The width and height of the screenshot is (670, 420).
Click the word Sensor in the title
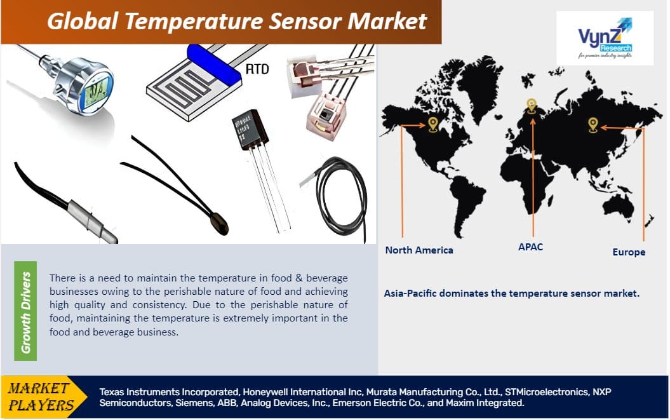[x=295, y=21]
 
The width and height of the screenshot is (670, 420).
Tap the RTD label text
[x=257, y=69]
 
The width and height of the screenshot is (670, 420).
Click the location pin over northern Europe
[x=531, y=105]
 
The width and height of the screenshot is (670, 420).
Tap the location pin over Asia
[x=593, y=124]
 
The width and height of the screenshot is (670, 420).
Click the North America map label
[x=419, y=250]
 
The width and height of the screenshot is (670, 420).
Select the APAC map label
[x=530, y=247]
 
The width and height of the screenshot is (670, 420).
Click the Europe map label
[x=629, y=252]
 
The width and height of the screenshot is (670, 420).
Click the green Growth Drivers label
[x=25, y=311]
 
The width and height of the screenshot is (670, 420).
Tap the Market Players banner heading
[x=39, y=396]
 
